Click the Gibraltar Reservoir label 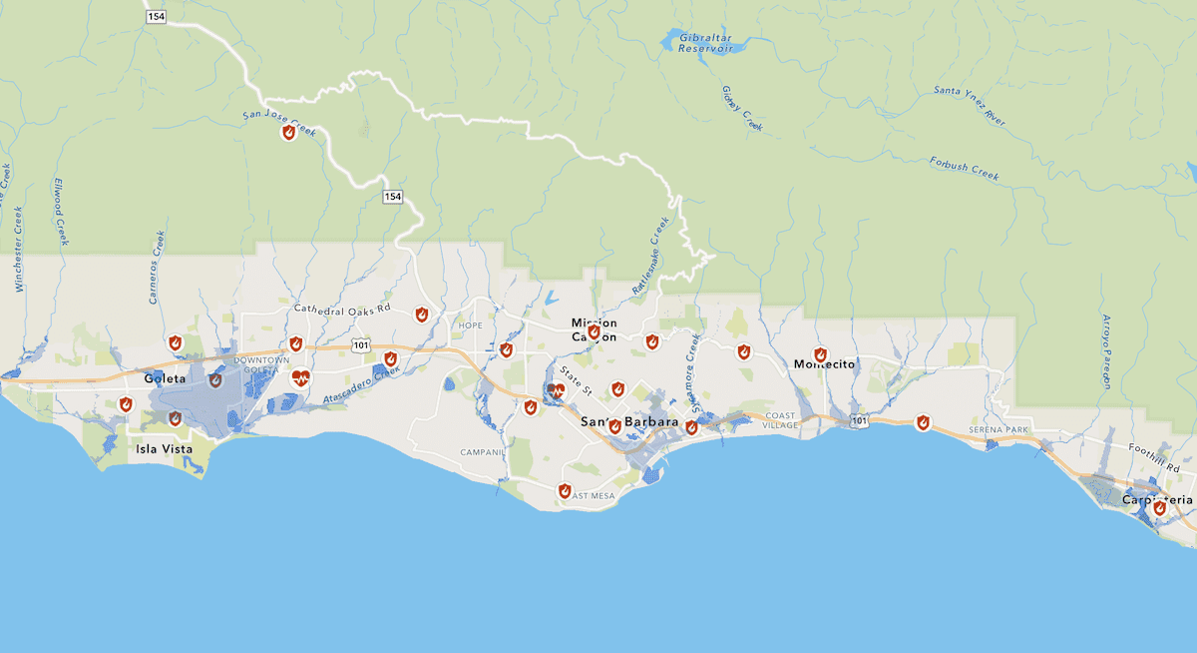tap(705, 42)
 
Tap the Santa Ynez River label tap(970, 104)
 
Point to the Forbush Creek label tap(964, 169)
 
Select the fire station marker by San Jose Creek tap(288, 132)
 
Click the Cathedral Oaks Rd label tap(342, 310)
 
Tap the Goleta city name tap(165, 379)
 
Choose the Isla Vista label tap(165, 449)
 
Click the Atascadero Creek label tap(361, 384)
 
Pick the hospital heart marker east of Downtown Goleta tap(301, 377)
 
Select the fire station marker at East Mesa tap(564, 490)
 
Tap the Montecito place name tap(825, 364)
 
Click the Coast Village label tap(781, 419)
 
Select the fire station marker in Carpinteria tap(1159, 508)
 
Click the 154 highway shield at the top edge tap(156, 18)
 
